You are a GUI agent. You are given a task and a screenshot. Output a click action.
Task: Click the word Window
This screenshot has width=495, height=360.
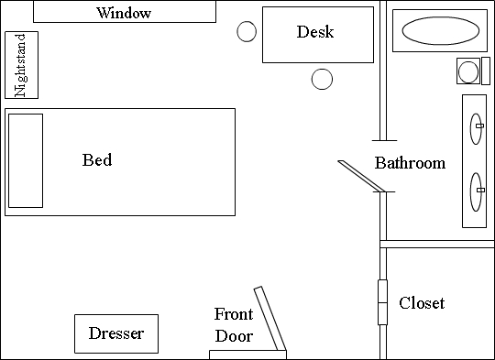point(124,13)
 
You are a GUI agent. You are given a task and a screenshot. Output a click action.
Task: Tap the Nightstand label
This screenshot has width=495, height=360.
point(20,65)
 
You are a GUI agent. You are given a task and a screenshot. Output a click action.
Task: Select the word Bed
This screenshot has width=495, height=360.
point(97,159)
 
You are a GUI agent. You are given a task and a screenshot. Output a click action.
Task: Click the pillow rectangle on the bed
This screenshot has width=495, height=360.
point(26,160)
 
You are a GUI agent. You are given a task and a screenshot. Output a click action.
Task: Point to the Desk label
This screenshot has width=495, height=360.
point(315,31)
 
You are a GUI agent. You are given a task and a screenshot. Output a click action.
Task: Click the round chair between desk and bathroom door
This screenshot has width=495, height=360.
point(322,79)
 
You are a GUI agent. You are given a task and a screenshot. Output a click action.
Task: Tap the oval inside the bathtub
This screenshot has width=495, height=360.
point(440,30)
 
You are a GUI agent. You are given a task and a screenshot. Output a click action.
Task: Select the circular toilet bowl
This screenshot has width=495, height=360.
point(468,71)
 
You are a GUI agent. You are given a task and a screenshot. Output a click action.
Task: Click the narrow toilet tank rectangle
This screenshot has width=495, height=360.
point(486,71)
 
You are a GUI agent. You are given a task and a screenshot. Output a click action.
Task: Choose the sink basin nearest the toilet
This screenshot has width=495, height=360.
point(476,129)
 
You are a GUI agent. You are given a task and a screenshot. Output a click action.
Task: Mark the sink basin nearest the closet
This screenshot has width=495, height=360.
point(476,191)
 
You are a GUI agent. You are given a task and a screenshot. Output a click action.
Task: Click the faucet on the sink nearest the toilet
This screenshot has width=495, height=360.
point(479,125)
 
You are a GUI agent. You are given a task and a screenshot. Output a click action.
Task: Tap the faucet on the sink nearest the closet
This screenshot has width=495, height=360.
point(480,190)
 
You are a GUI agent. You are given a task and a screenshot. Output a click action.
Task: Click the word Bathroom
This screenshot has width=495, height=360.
point(410,163)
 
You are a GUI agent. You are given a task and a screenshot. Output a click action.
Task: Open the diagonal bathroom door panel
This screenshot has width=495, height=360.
point(361,176)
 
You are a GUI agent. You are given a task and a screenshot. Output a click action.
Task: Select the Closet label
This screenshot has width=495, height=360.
point(422,303)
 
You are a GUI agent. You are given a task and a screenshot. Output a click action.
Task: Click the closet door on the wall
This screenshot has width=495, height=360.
point(382,302)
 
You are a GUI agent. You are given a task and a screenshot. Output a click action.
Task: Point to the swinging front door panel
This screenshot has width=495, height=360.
point(270,319)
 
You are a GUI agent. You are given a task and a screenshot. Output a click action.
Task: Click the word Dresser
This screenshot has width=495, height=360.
point(116,333)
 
